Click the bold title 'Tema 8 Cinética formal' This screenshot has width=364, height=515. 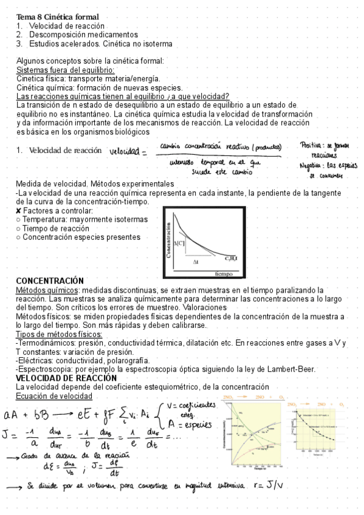58,17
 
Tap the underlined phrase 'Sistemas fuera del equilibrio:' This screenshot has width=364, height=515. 61,70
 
